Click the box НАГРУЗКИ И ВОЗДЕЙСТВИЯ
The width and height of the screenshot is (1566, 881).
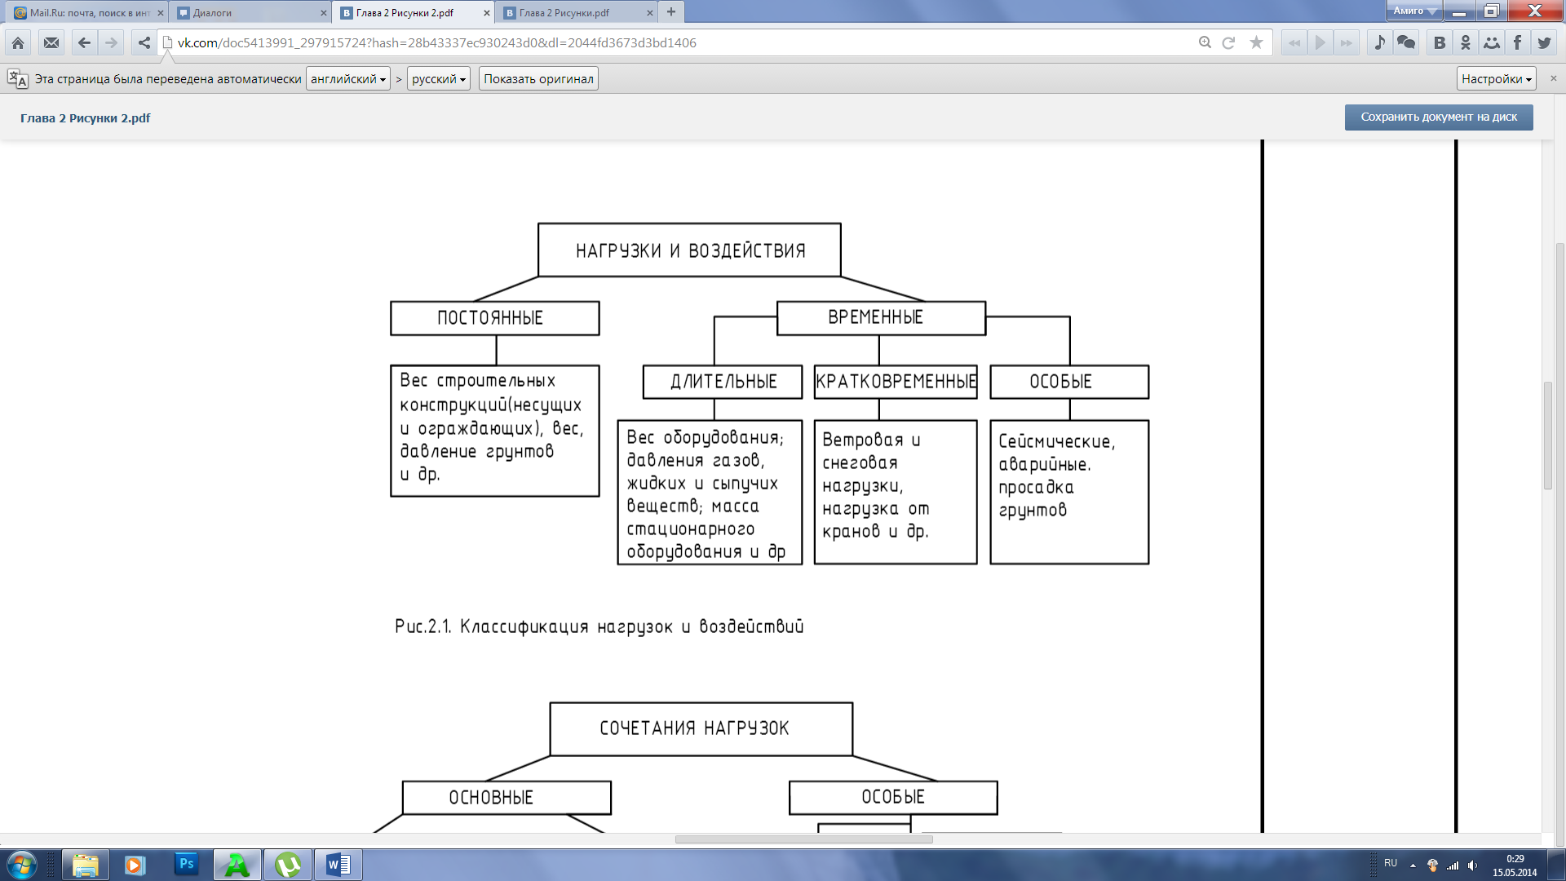[689, 250]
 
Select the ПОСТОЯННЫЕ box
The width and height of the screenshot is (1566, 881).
[495, 318]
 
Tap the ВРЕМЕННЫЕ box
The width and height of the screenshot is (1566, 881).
[881, 317]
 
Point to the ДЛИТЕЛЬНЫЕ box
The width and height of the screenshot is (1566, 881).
[723, 382]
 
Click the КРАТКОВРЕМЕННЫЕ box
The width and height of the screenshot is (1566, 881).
[896, 382]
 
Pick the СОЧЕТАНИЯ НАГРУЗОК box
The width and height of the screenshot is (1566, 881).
[701, 728]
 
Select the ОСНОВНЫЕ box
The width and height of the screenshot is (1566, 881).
[507, 798]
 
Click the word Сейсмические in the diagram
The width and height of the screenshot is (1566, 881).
[1056, 441]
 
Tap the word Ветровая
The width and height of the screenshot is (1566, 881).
[863, 440]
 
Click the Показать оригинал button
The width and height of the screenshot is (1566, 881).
[538, 79]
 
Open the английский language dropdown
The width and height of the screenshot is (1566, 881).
[348, 79]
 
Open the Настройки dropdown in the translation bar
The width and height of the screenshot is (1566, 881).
[1497, 79]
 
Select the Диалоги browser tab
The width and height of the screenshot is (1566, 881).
[250, 12]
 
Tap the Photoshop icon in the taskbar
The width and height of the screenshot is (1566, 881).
[186, 864]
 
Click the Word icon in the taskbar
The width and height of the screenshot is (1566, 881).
[338, 865]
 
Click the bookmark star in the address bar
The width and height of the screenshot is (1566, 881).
[1256, 43]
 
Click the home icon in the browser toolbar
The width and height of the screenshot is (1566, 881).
[18, 43]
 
